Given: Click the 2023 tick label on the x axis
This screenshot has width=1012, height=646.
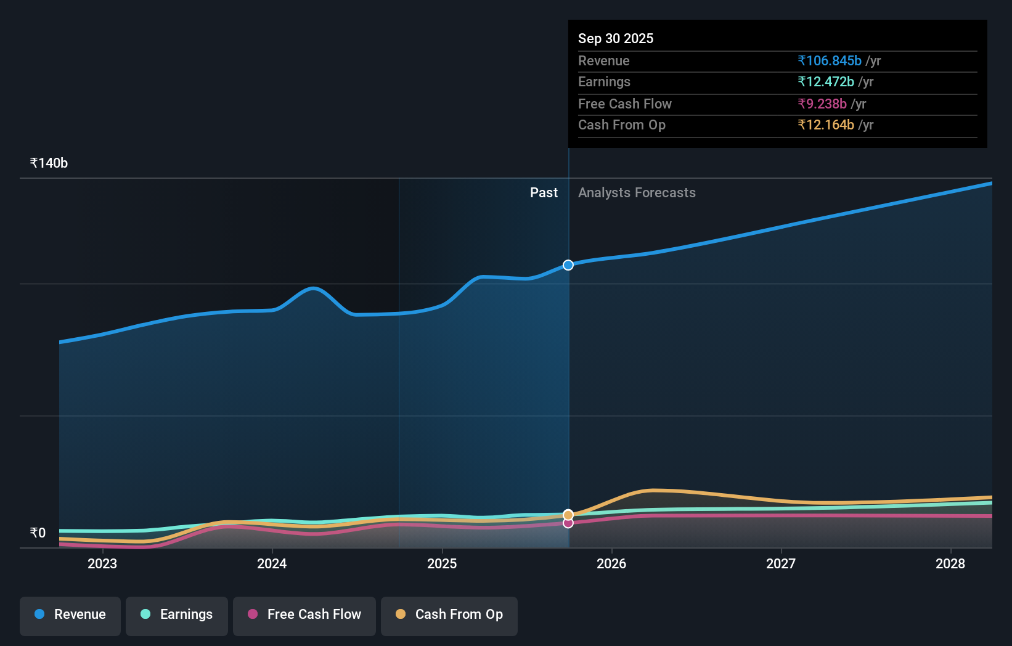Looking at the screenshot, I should point(102,563).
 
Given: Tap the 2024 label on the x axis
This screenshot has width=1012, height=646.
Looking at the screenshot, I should point(272,563).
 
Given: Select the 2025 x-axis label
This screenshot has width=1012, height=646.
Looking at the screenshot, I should point(442,563).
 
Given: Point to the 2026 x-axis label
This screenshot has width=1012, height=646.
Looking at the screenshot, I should point(611,563).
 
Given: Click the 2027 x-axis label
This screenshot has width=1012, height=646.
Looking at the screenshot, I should point(781,563).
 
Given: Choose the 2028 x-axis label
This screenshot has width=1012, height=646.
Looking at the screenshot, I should point(950,563).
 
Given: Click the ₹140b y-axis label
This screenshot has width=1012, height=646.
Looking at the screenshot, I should point(49,163).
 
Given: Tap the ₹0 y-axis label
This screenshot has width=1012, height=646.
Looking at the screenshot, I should point(38,533).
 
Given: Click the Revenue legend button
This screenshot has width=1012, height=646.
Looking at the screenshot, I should point(70,615).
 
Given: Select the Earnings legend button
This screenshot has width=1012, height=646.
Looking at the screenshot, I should point(177,615).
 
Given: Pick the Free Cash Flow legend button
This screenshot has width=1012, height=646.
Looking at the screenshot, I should point(304,615).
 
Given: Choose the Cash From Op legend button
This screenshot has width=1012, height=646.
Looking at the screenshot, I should point(449,615).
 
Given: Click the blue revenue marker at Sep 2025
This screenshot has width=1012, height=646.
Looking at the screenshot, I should point(568,265).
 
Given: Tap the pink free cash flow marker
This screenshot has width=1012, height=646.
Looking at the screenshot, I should point(568,523).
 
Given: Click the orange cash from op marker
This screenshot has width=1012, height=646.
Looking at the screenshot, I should point(568,515).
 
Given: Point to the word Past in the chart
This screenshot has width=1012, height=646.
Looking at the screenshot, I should point(544,193).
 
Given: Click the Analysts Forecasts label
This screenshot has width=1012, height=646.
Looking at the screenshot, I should point(637,193).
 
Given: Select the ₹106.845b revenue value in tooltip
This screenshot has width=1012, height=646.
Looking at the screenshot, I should point(829,60).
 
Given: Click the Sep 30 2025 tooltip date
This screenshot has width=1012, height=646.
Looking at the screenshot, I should point(616,38).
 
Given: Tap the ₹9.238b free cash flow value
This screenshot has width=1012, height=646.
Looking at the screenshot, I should point(822,104).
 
